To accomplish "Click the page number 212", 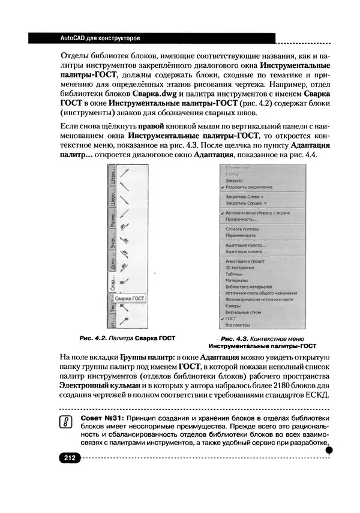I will click(68, 458).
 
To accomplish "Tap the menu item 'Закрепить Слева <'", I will click(244, 197).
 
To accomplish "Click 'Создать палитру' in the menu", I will click(242, 229).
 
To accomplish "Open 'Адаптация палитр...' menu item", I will click(245, 246).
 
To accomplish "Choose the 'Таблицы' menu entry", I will click(235, 274).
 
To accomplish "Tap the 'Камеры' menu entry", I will click(233, 305).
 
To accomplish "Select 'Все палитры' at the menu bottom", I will click(237, 325).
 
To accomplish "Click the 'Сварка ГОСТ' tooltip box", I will click(130, 298).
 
